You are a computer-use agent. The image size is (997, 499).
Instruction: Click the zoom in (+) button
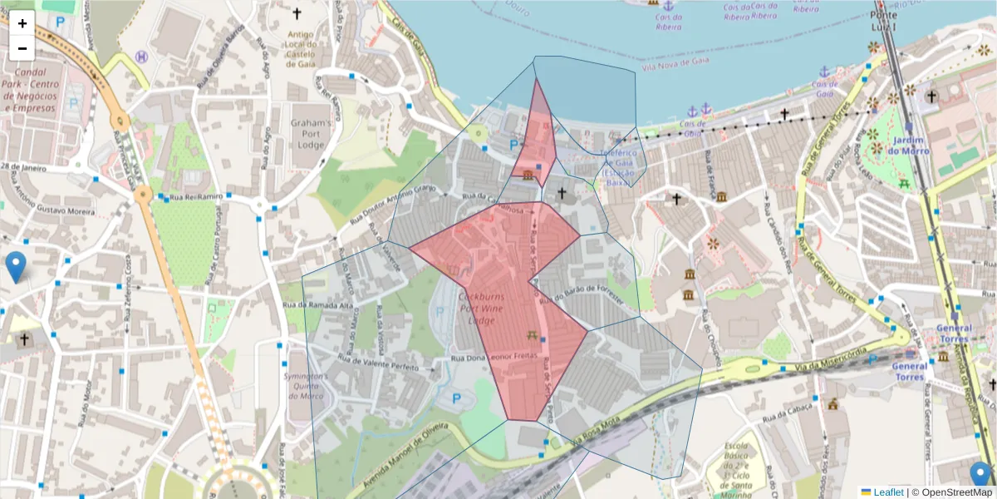point(22,23)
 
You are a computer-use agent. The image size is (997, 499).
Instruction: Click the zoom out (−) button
point(22,48)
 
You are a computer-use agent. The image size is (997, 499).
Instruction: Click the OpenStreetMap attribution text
point(953,492)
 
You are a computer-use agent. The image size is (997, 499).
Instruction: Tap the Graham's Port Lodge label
point(312,132)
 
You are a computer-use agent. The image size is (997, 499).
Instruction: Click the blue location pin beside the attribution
point(981,476)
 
